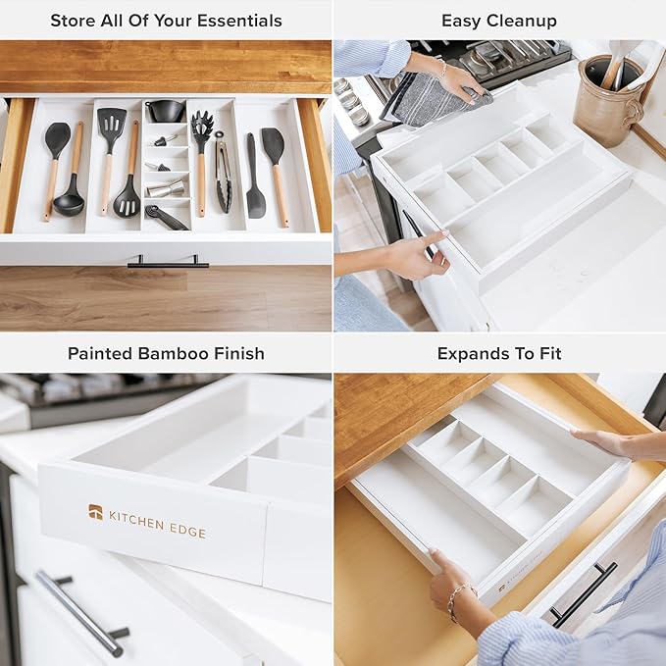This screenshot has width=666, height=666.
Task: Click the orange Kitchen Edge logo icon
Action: (x=95, y=511)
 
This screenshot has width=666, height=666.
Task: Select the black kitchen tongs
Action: (x=224, y=177)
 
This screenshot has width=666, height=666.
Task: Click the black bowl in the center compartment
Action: (x=165, y=111)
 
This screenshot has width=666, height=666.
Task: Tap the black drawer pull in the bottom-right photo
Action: (x=584, y=593)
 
